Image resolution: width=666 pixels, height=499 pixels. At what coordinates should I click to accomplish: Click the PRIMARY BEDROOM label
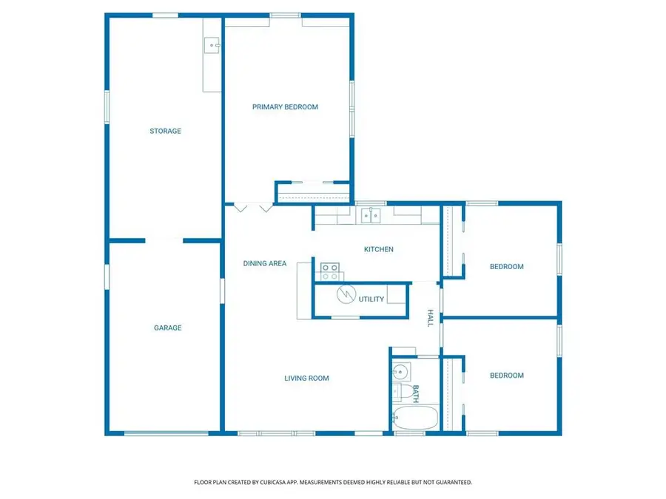point(285,107)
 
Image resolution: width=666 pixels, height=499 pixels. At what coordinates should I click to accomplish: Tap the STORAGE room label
point(165,131)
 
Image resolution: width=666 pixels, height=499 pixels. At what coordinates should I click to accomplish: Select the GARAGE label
point(167,327)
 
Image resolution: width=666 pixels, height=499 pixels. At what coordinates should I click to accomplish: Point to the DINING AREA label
point(265,263)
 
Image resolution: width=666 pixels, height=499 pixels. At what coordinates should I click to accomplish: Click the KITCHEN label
point(378,250)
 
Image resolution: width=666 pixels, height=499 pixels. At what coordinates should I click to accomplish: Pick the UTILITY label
point(371,299)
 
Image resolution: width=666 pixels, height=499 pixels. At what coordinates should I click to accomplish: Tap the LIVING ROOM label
point(306,378)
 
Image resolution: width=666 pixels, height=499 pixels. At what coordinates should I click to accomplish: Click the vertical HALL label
point(430,318)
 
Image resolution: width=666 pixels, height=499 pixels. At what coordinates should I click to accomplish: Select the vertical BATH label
point(415,394)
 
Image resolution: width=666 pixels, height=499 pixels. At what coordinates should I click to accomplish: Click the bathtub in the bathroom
point(415,418)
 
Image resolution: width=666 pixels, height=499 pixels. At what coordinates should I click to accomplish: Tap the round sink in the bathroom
point(400,372)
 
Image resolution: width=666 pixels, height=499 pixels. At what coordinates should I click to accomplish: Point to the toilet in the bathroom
point(403,392)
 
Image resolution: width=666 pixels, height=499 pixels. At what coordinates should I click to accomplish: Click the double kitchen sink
point(371,216)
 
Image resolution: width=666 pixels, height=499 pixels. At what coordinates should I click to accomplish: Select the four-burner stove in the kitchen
point(329,272)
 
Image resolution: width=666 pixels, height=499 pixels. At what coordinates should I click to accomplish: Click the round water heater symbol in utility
point(346,294)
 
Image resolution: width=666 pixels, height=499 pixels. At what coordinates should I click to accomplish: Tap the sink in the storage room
point(212,45)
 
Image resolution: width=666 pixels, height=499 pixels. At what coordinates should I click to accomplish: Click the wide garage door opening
point(166,433)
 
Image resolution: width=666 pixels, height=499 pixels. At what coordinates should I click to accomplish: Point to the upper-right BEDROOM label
point(507,267)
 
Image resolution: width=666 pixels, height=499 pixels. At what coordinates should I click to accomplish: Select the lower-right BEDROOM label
point(507,376)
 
